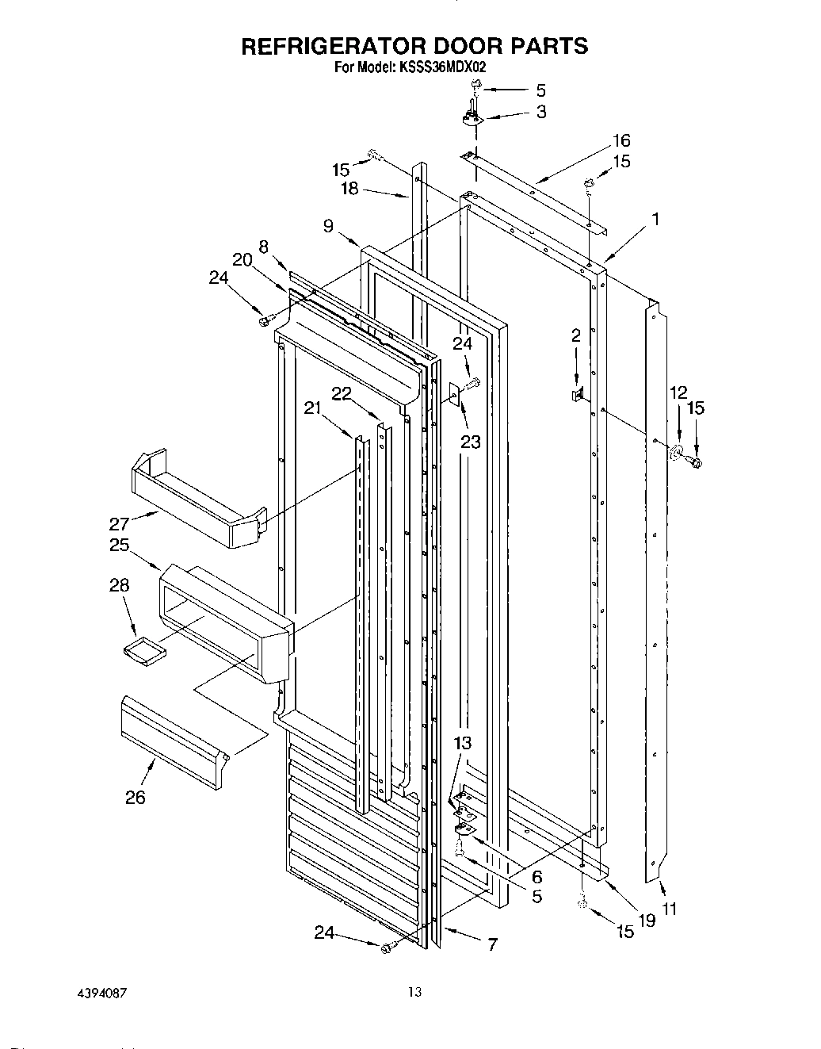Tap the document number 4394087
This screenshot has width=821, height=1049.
(x=100, y=993)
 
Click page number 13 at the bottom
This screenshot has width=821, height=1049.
(x=413, y=991)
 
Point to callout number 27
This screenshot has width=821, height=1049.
(x=119, y=524)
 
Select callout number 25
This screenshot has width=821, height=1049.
(x=119, y=546)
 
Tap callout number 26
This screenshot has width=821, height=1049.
(x=136, y=797)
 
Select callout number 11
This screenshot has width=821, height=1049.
(x=670, y=909)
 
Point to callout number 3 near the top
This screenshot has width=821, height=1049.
(x=540, y=112)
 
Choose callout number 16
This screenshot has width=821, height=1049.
(x=621, y=140)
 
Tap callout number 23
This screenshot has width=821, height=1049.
(x=470, y=441)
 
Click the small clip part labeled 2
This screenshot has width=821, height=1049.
(x=578, y=393)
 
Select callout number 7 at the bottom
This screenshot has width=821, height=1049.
(x=492, y=944)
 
